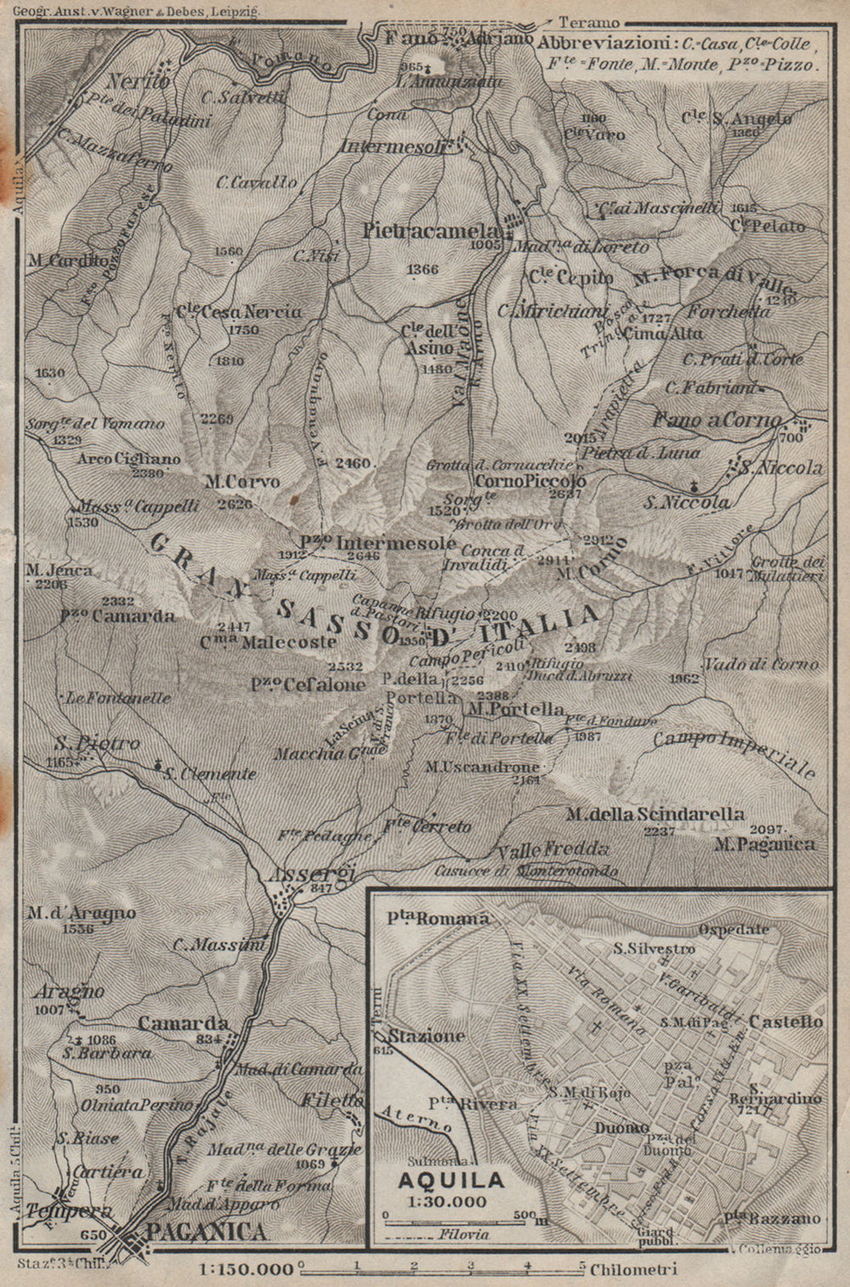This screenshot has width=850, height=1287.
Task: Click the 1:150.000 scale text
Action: [247, 1270]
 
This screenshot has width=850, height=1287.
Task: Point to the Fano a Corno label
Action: [716, 420]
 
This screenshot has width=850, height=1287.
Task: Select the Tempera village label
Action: [57, 1210]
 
